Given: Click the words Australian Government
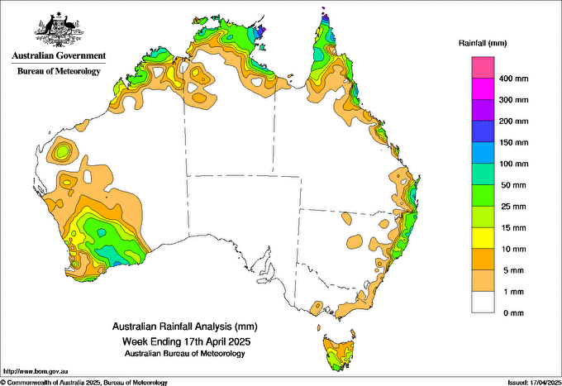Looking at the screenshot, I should coord(59,56).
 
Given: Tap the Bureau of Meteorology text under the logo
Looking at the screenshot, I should coord(59,71).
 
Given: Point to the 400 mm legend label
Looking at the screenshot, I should coord(517,79).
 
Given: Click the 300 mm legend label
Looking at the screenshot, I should coord(517,100).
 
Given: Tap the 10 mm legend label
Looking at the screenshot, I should coord(515,249).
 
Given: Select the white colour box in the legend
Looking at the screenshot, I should coord(483,303).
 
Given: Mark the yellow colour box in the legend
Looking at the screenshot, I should coord(483,238).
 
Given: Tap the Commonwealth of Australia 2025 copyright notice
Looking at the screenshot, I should coord(83,382).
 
